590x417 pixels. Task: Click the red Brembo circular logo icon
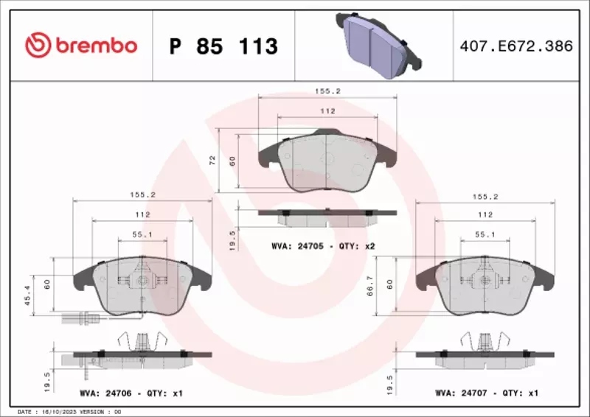tap(37, 45)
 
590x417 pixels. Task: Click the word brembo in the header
tap(93, 46)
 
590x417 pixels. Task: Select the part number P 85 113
tap(223, 46)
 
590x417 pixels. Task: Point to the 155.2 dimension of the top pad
tap(327, 92)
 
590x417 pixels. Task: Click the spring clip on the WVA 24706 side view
tap(142, 343)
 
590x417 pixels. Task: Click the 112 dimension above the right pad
tap(484, 214)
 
